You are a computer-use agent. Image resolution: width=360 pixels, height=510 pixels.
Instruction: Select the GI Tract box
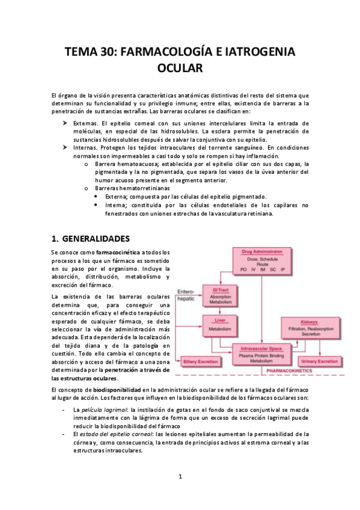(218, 295)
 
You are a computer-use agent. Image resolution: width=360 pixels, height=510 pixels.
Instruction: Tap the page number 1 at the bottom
(180, 477)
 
